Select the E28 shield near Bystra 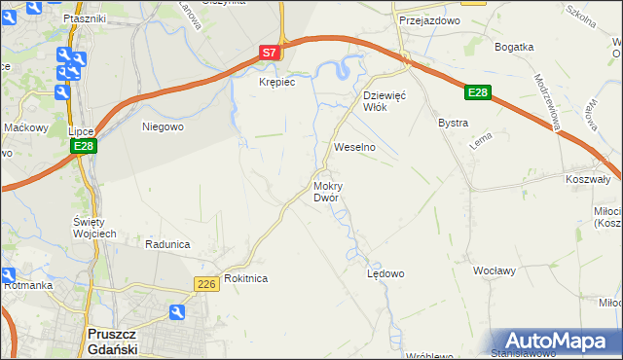[x=476, y=92]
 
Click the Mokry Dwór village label [x=326, y=192]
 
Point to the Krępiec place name [x=275, y=83]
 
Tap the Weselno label [x=354, y=147]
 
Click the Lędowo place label [x=385, y=273]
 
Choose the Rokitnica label [x=245, y=278]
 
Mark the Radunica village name [x=165, y=244]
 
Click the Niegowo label [x=163, y=126]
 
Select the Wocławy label [x=493, y=270]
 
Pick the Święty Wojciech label [x=95, y=228]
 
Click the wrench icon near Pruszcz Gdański [x=177, y=312]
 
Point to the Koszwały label [x=587, y=180]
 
